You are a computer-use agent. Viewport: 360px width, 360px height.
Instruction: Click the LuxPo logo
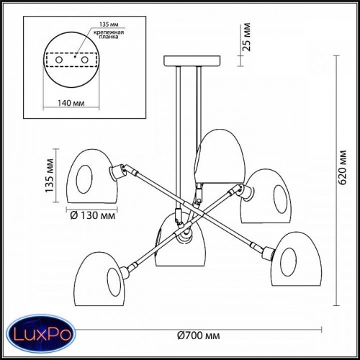tap(41, 334)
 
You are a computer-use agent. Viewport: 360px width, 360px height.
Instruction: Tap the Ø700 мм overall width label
tap(199, 336)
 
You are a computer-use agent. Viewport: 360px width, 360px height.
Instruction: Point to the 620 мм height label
tap(343, 167)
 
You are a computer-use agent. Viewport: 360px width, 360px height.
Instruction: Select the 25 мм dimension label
tap(246, 37)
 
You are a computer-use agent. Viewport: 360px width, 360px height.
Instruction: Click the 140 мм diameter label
tap(71, 103)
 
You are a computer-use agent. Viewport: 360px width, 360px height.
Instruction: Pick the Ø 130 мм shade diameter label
tap(93, 215)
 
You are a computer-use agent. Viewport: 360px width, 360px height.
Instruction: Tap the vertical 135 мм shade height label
tap(50, 176)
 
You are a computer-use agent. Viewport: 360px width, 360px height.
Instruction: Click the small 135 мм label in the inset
tap(109, 24)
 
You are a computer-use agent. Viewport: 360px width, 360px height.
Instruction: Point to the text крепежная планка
tap(109, 35)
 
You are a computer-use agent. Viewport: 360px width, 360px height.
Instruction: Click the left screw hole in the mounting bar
tap(59, 60)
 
